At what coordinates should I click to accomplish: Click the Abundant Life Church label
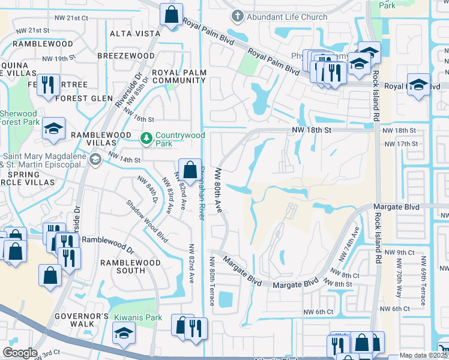pyautogui.click(x=287, y=17)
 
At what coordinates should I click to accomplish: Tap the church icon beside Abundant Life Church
pyautogui.click(x=238, y=17)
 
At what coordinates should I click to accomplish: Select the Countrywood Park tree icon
pyautogui.click(x=146, y=139)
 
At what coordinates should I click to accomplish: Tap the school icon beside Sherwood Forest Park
pyautogui.click(x=53, y=128)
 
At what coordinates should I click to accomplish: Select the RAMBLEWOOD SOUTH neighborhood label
pyautogui.click(x=130, y=266)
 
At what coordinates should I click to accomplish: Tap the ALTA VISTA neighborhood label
pyautogui.click(x=135, y=34)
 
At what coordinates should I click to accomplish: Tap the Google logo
pyautogui.click(x=20, y=353)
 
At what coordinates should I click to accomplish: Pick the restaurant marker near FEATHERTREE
pyautogui.click(x=47, y=85)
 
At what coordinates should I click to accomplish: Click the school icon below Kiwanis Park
pyautogui.click(x=124, y=334)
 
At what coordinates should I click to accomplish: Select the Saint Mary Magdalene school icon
pyautogui.click(x=95, y=160)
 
